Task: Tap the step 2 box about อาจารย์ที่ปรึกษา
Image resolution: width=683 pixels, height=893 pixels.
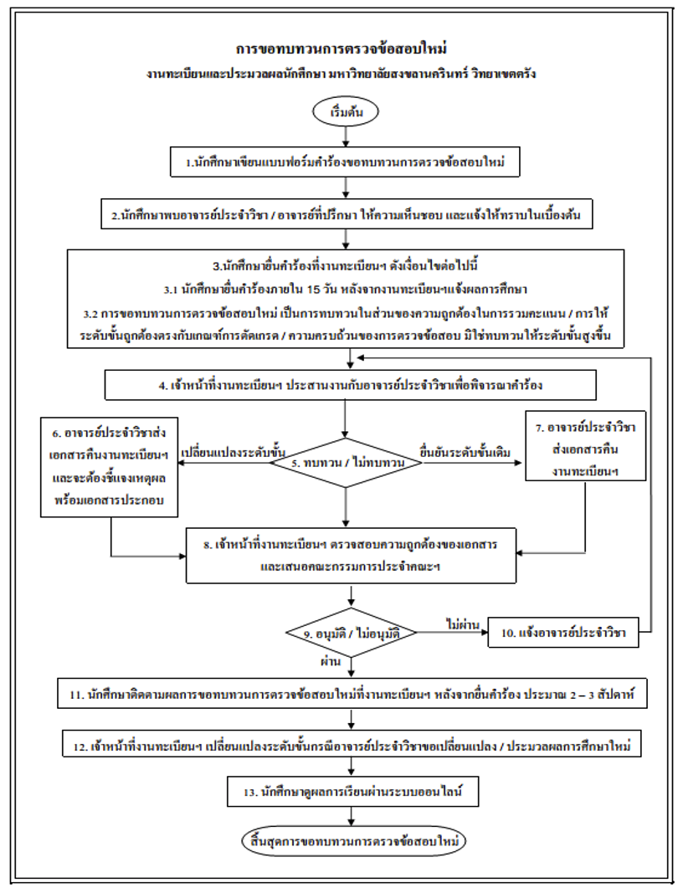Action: click(346, 215)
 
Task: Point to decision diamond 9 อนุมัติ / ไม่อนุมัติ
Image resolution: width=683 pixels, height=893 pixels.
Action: click(352, 633)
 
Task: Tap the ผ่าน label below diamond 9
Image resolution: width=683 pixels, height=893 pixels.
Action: click(336, 659)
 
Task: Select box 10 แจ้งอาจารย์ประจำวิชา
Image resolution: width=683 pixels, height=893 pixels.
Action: click(563, 633)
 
